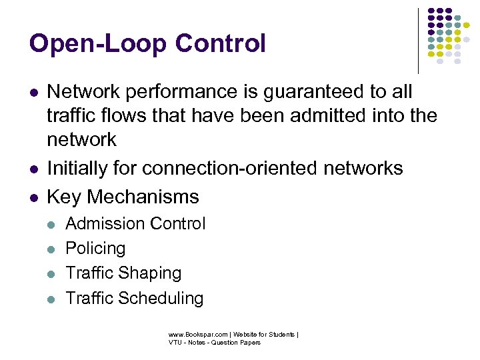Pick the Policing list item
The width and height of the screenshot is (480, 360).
(95, 248)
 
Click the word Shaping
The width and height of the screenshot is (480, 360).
(151, 273)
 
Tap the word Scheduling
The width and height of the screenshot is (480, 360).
(162, 298)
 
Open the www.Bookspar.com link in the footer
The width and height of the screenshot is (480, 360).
(194, 334)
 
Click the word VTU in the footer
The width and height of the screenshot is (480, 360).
(175, 342)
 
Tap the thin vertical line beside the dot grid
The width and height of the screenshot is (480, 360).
(419, 40)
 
